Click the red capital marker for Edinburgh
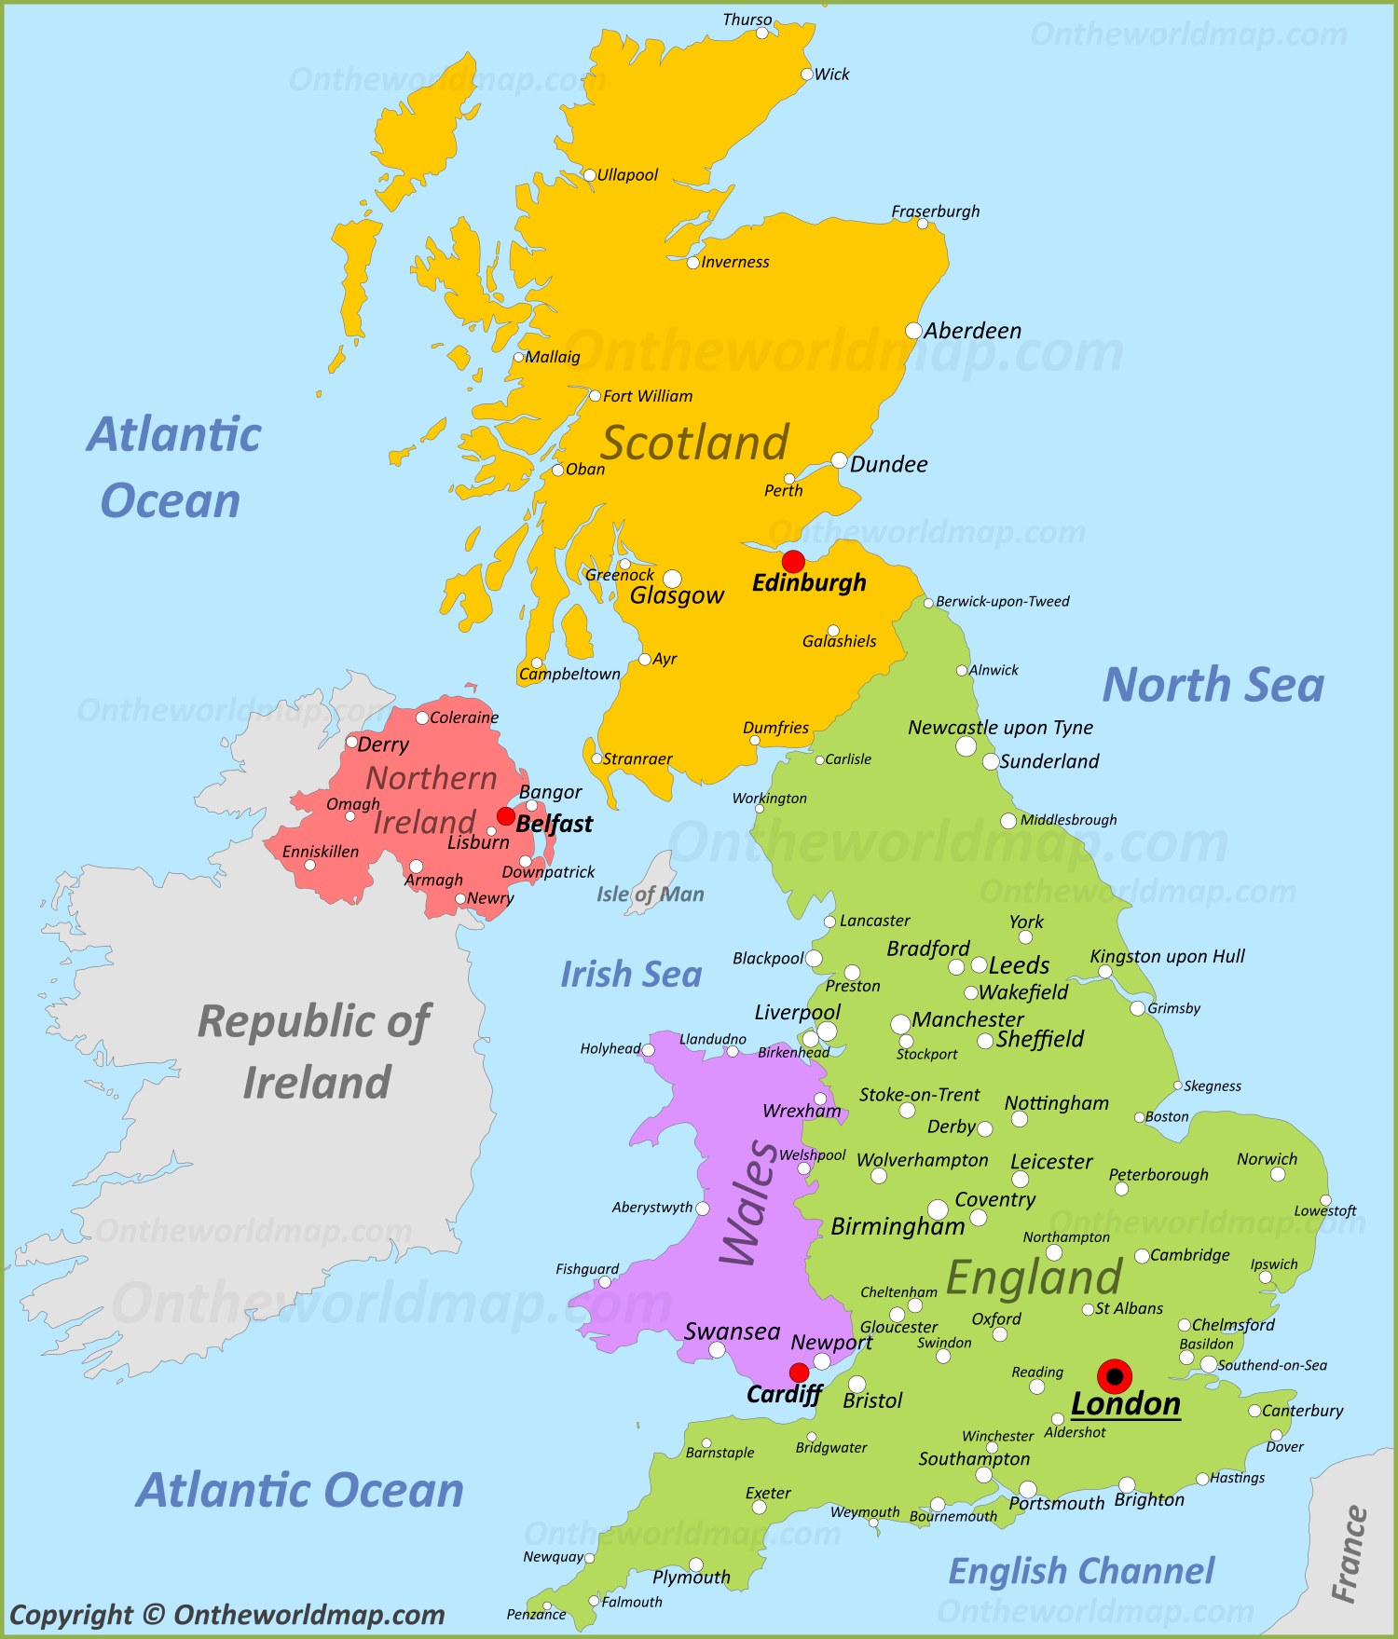[x=793, y=561]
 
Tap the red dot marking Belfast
[x=505, y=816]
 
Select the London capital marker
[x=1114, y=1375]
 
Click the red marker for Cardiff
[x=799, y=1372]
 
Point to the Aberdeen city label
[x=972, y=331]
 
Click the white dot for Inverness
[x=692, y=263]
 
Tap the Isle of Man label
[x=650, y=895]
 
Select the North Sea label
[x=1213, y=685]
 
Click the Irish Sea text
[x=631, y=975]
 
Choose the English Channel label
[x=1081, y=1571]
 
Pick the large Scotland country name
[x=694, y=443]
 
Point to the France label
[x=1349, y=1554]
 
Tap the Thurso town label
[x=747, y=20]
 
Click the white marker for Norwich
[x=1278, y=1174]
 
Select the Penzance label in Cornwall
[x=536, y=1615]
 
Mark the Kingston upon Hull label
[x=1167, y=956]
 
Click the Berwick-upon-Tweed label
[x=1002, y=602]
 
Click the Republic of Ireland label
[x=315, y=1051]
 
